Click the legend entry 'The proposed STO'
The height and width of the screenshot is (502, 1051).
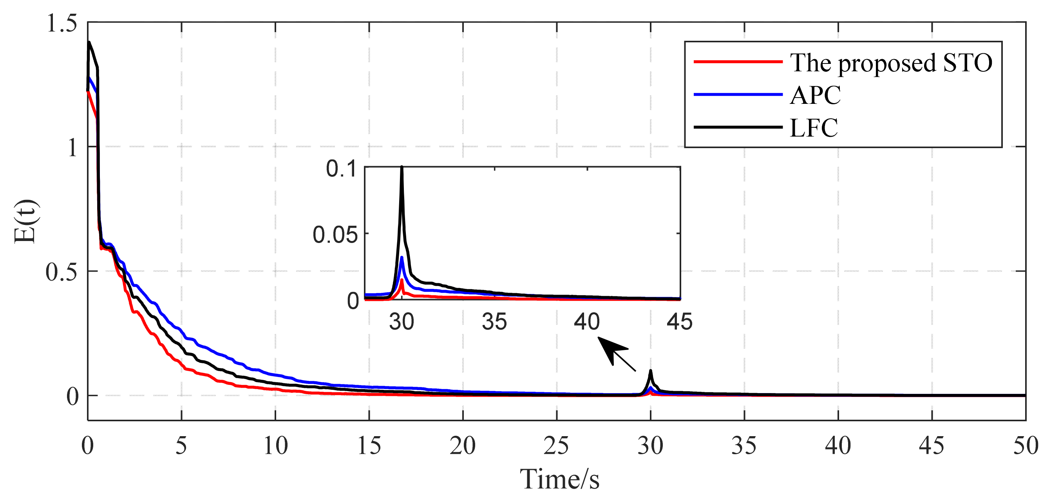coord(891,62)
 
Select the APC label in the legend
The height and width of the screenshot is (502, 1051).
coord(815,95)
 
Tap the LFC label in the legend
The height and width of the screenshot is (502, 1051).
coord(814,128)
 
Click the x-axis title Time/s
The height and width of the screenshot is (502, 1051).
coord(559,479)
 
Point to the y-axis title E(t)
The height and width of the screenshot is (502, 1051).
coord(25,222)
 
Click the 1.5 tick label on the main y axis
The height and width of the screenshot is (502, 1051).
coord(62,23)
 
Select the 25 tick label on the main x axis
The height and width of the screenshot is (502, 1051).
coord(556,446)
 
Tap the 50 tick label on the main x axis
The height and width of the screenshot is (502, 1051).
coord(1025,446)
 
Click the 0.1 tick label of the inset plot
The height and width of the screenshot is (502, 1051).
coord(342,169)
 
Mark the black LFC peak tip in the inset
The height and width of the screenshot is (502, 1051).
coord(402,167)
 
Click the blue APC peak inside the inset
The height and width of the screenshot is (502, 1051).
coord(402,257)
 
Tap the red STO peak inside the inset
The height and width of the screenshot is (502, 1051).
coord(402,280)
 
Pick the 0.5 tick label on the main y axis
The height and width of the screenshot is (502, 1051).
coord(62,272)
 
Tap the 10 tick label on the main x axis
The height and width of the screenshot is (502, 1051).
coord(275,446)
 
